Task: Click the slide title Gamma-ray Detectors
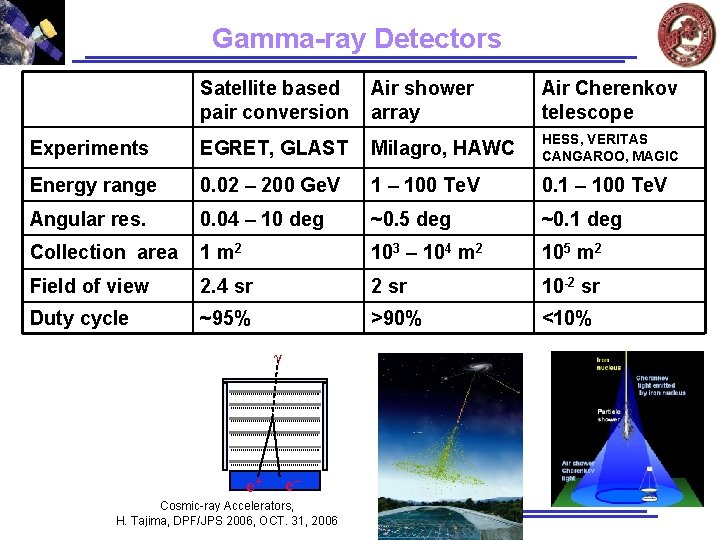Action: click(x=356, y=39)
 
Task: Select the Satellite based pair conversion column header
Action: click(x=273, y=100)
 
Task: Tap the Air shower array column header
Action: click(x=422, y=100)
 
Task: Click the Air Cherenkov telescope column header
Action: click(x=608, y=100)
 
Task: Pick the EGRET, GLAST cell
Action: click(x=273, y=148)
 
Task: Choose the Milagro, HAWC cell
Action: click(x=442, y=148)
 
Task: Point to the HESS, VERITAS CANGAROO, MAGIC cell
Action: click(x=609, y=148)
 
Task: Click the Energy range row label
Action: click(x=93, y=185)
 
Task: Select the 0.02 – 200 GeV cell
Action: click(x=270, y=185)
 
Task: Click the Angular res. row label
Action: click(x=88, y=219)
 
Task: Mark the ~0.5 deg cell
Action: click(x=410, y=219)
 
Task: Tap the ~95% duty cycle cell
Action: click(x=225, y=319)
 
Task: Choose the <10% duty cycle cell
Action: click(x=566, y=319)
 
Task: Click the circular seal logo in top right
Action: click(x=686, y=33)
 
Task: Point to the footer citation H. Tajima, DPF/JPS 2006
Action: click(x=227, y=520)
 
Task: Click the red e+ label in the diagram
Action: click(x=256, y=485)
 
